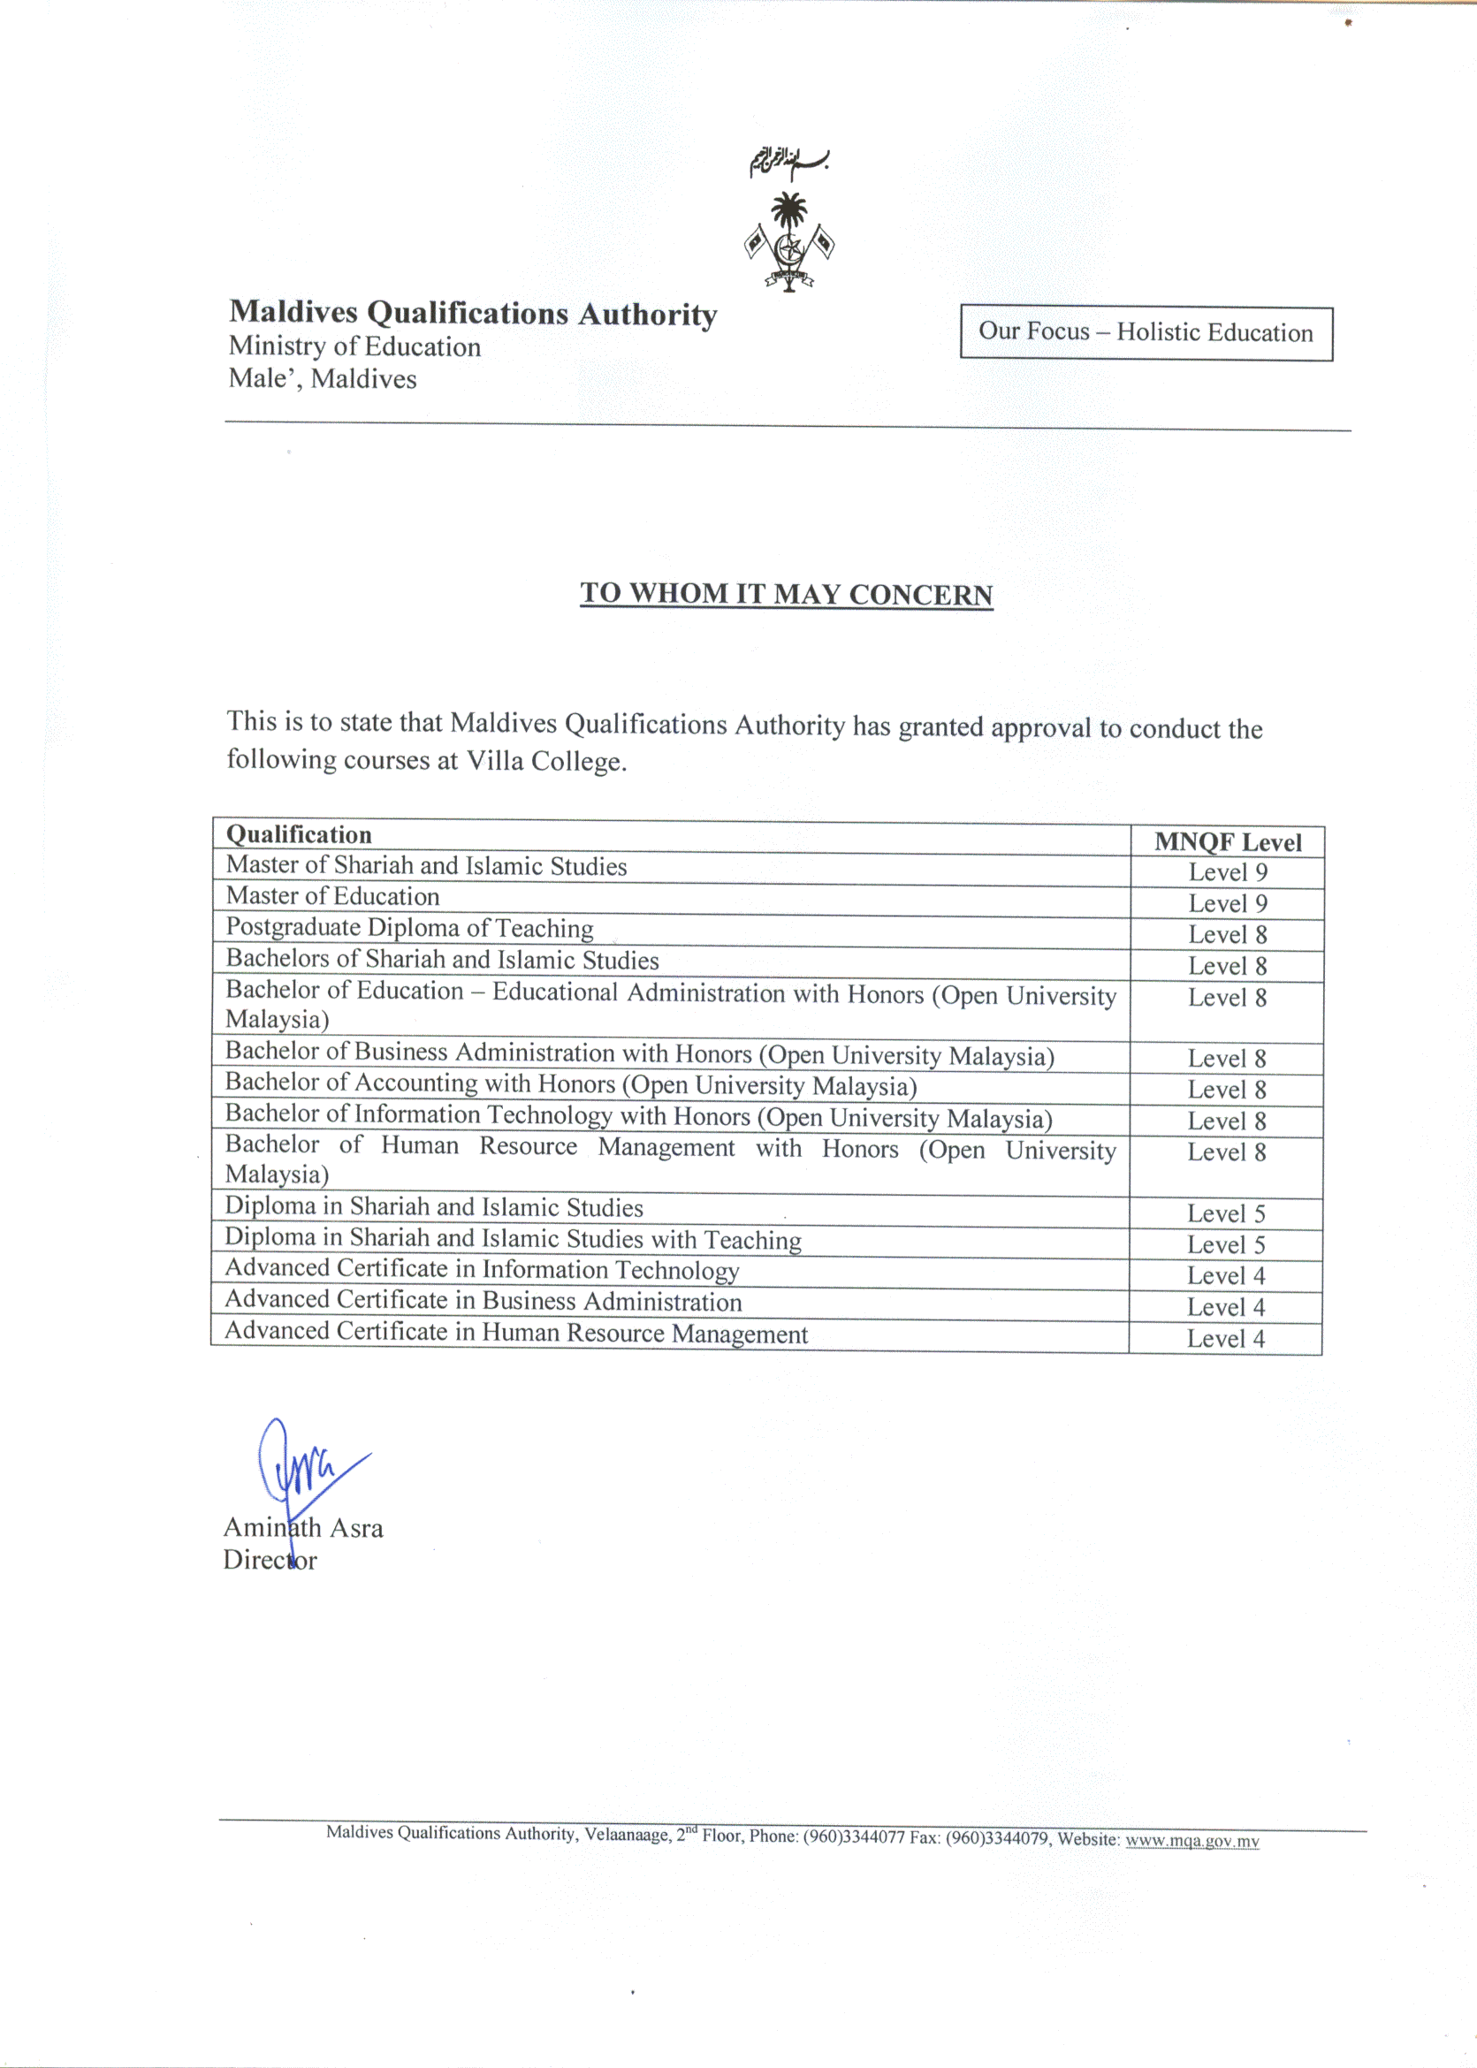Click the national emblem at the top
[788, 242]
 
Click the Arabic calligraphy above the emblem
[788, 161]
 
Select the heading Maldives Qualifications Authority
[472, 313]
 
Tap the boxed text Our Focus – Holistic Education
[1145, 332]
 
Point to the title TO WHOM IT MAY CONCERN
[786, 594]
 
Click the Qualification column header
[300, 835]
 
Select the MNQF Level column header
[1227, 842]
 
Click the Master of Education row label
[333, 897]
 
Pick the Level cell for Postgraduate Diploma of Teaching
[1227, 935]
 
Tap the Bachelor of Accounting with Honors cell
[570, 1085]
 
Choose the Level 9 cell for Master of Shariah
[1227, 873]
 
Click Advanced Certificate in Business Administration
[483, 1302]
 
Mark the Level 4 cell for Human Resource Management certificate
[1225, 1339]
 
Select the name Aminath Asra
[303, 1528]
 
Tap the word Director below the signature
[270, 1561]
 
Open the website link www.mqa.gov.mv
[1191, 1842]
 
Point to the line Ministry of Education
[354, 346]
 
